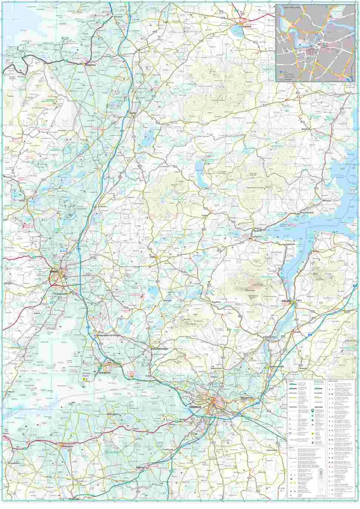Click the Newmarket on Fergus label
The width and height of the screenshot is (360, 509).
tap(107, 335)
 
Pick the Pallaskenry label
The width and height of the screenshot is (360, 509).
tap(113, 414)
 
